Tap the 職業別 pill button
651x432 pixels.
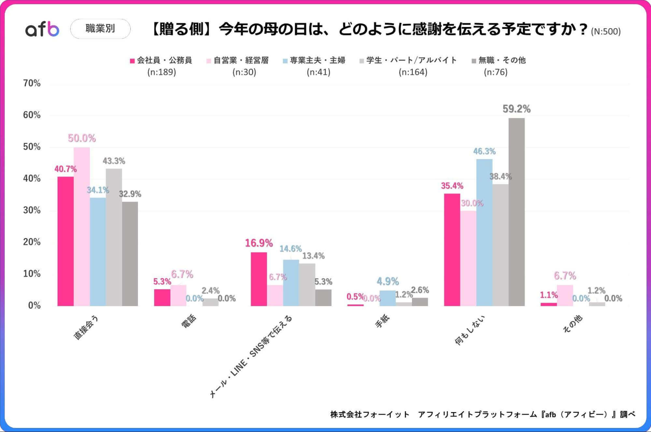pos(100,29)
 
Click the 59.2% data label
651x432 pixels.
pos(517,109)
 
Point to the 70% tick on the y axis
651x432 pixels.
pos(32,83)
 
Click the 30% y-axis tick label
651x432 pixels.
pos(32,210)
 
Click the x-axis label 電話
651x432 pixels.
pos(189,321)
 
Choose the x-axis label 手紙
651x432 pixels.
pos(382,321)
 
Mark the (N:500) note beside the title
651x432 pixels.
pos(606,32)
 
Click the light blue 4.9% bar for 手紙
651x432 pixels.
pos(388,298)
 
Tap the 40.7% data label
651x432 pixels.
pos(65,169)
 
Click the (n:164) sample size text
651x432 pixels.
pos(413,72)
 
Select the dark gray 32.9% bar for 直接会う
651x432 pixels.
pos(130,254)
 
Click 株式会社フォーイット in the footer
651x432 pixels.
pos(370,414)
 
